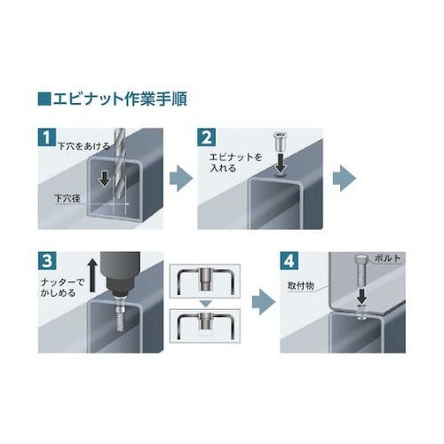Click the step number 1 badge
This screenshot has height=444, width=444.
[47, 137]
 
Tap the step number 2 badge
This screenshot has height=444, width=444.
[206, 137]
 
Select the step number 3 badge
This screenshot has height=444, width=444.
[47, 261]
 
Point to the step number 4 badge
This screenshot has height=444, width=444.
[289, 261]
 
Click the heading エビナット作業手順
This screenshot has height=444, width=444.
[120, 99]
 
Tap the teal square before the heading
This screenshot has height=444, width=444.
[44, 99]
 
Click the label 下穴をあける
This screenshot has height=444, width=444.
[83, 146]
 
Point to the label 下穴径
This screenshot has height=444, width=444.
[67, 198]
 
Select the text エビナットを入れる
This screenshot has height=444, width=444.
[236, 163]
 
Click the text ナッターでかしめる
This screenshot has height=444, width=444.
[62, 287]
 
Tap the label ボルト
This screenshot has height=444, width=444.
[387, 258]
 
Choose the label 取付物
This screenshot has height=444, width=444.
[301, 286]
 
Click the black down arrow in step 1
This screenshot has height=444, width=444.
[104, 178]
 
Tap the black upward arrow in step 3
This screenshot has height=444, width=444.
[93, 274]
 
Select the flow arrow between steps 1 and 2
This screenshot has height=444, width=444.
[181, 178]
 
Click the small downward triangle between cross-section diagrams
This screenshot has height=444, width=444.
[205, 304]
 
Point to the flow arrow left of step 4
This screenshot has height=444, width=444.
[264, 302]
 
